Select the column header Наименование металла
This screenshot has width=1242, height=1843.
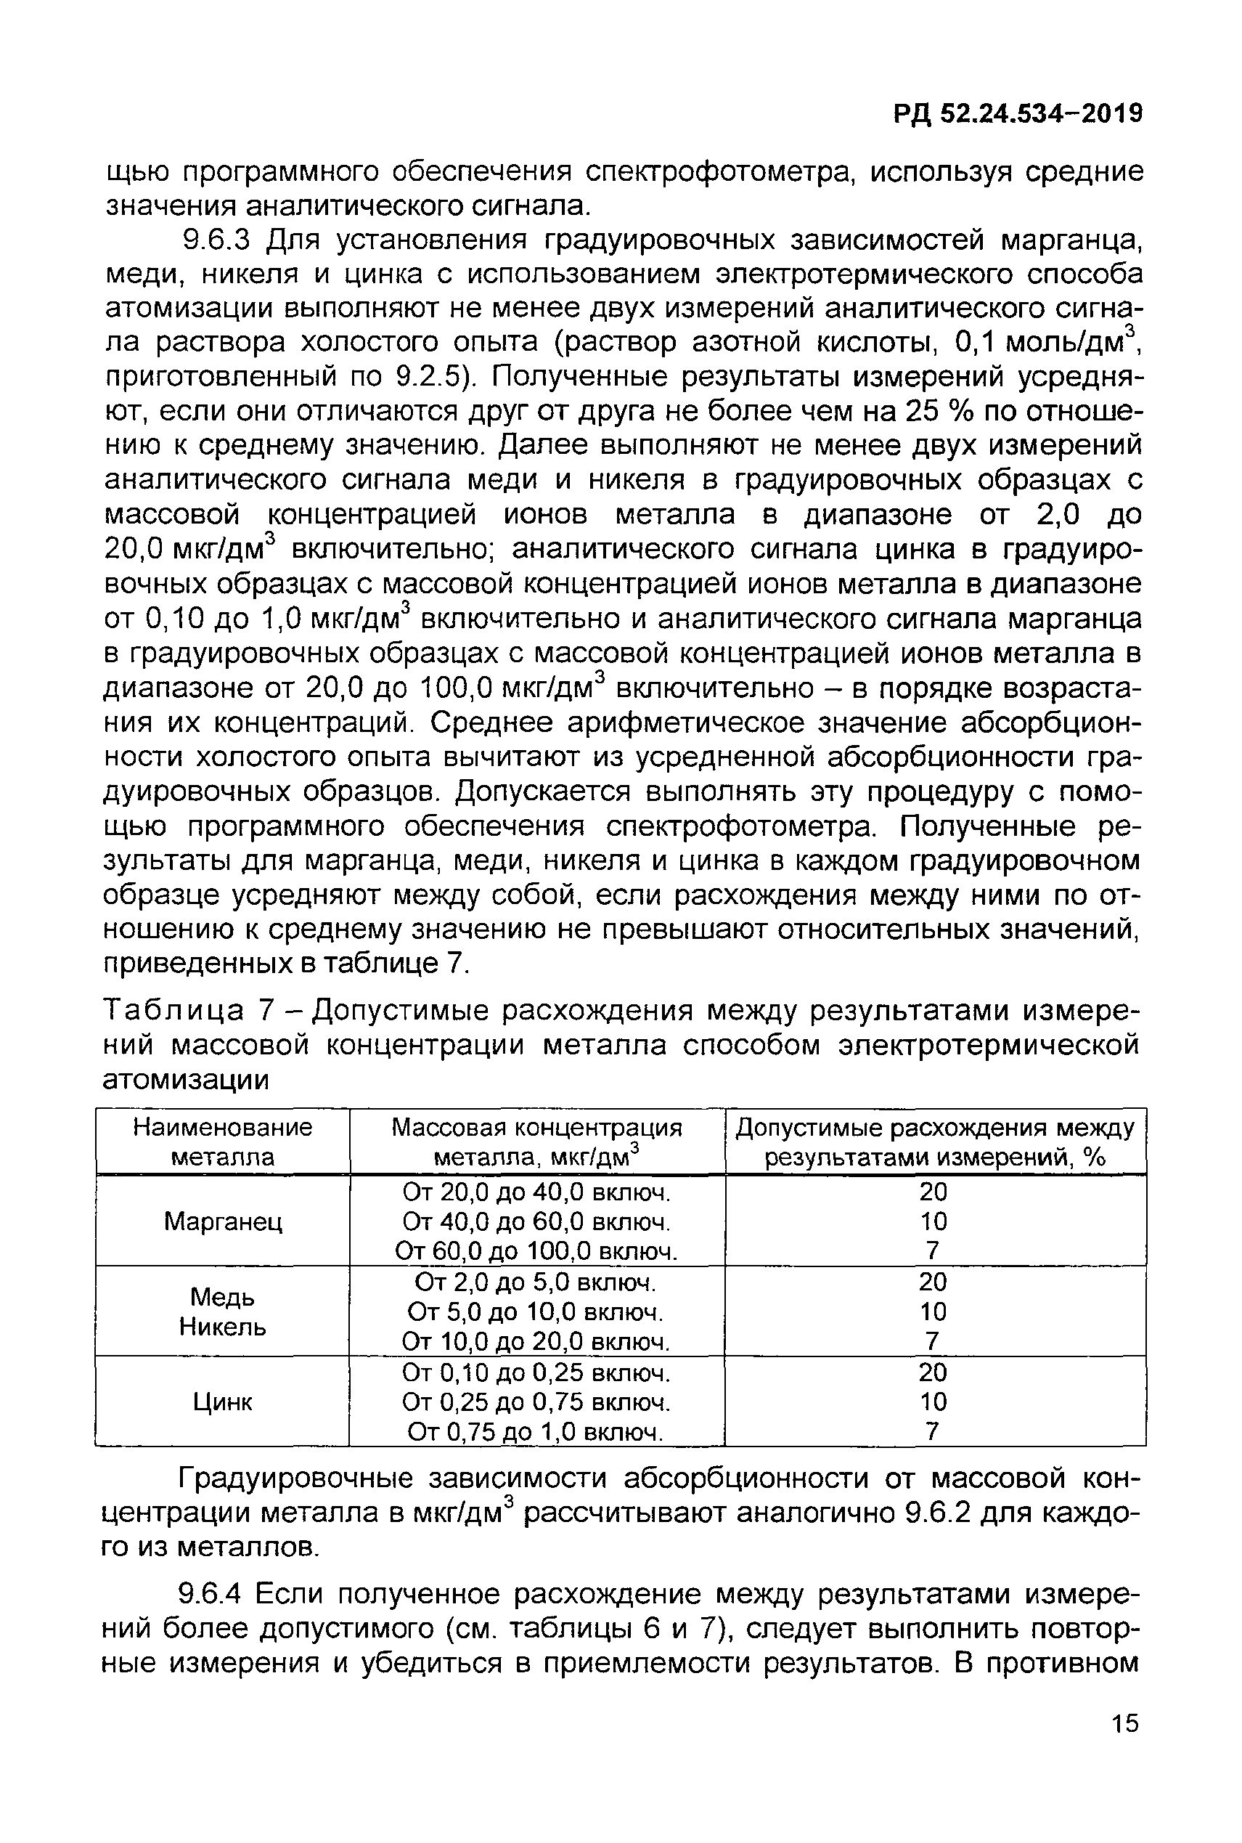coord(223,1142)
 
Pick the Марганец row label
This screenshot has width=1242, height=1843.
coord(223,1222)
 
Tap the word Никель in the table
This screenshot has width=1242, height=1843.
coord(223,1327)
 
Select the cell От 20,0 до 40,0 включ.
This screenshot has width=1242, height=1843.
coord(537,1192)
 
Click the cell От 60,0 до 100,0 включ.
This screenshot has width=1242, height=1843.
coord(537,1251)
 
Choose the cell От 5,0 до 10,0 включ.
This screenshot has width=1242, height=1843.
coord(536,1312)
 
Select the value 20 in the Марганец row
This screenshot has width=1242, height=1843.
coord(933,1192)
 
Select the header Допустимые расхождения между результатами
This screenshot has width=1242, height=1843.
coord(935,1142)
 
